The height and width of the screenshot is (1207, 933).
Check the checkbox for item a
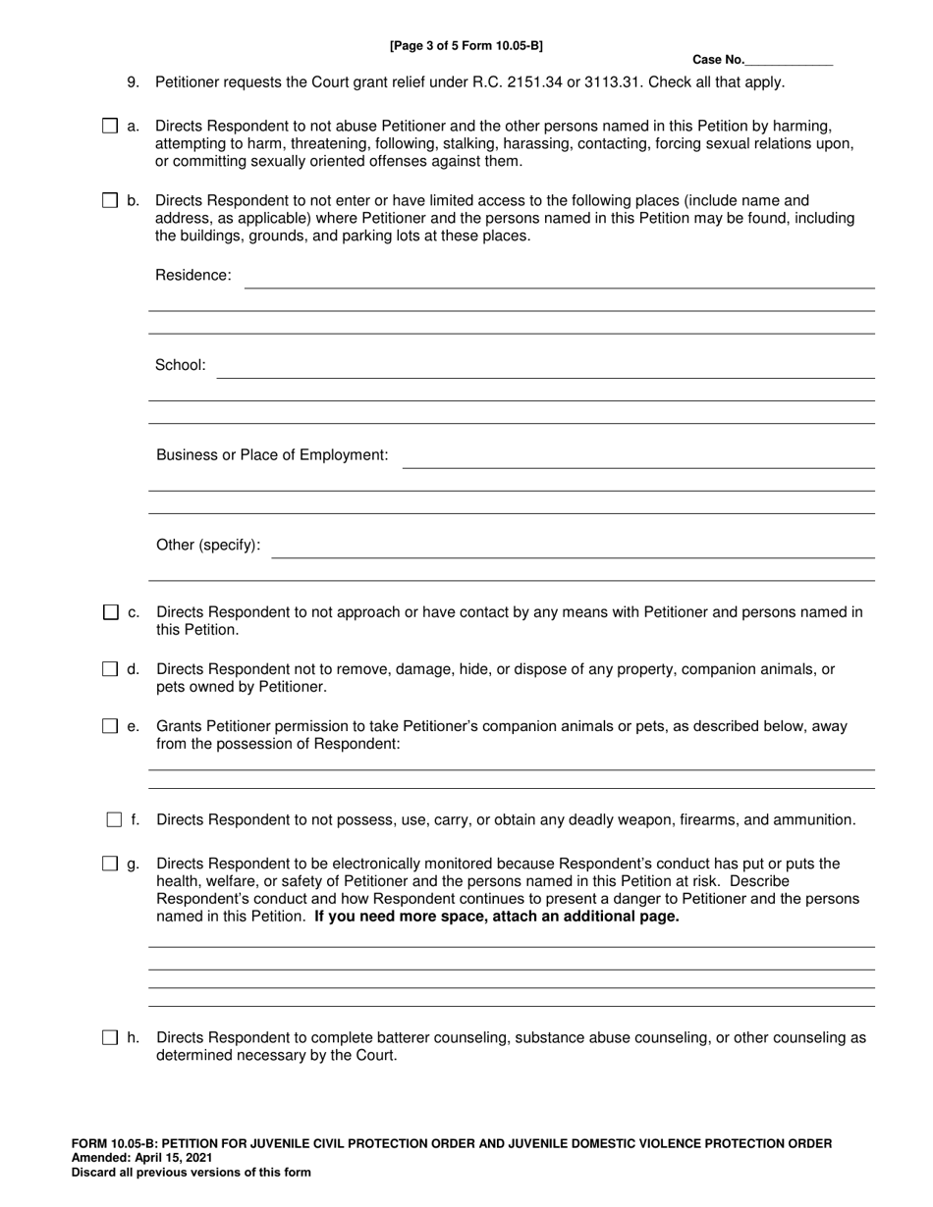click(110, 127)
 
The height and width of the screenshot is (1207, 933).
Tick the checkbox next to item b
click(110, 201)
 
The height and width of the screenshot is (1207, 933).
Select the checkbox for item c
click(111, 612)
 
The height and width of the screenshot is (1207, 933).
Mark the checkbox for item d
click(111, 669)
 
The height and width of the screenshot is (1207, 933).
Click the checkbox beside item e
click(111, 727)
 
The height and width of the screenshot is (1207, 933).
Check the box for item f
click(114, 819)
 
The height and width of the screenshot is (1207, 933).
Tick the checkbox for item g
click(111, 865)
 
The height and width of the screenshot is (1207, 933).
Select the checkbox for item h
click(111, 1037)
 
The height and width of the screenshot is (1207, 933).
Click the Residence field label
click(193, 276)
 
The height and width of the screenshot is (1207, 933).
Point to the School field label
click(181, 365)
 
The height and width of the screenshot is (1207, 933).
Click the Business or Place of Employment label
click(272, 455)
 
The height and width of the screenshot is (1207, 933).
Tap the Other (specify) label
click(208, 545)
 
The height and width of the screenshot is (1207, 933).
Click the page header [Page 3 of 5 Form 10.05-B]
click(466, 45)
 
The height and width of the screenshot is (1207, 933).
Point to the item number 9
click(134, 82)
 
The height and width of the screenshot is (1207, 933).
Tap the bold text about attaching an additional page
click(496, 918)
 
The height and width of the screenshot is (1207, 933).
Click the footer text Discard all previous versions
click(191, 1172)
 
